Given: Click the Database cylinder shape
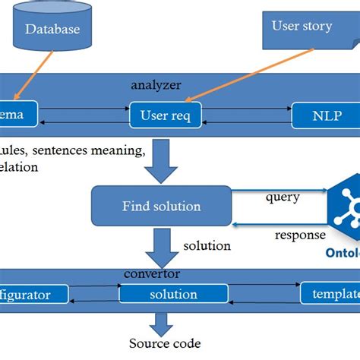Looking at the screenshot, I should point(52,30).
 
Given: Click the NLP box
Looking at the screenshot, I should point(327,116).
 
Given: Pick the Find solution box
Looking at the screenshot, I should point(161,206).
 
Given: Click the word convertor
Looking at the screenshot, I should point(152,273).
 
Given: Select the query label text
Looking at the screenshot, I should point(282,197).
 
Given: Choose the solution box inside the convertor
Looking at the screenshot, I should point(173,294).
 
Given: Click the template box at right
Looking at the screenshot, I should point(330,294).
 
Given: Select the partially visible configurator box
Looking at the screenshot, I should point(34,294).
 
